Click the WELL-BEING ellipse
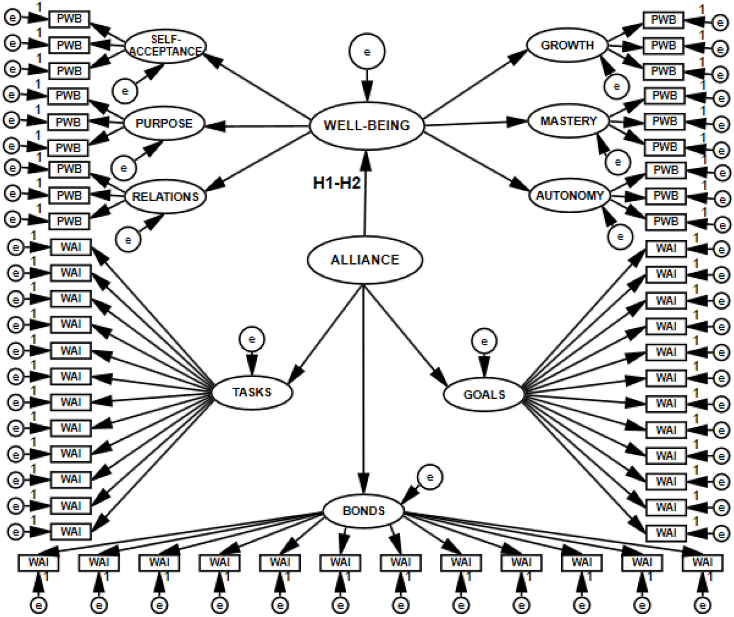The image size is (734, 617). [x=367, y=125]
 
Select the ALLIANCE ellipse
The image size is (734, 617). [x=365, y=260]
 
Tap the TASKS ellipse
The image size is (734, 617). [x=252, y=392]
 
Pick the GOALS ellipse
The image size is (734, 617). [x=484, y=394]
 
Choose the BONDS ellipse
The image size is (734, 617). [x=363, y=511]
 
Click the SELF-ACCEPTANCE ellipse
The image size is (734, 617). [x=165, y=46]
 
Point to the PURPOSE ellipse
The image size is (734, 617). [x=164, y=123]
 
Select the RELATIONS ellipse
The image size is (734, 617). [x=165, y=196]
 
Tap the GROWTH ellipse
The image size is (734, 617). [x=567, y=45]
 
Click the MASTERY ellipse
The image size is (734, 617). [x=568, y=121]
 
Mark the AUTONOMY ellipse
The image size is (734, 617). [x=570, y=195]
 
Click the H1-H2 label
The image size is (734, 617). [x=336, y=183]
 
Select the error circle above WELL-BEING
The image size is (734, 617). [x=367, y=52]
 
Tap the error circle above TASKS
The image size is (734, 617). [x=252, y=340]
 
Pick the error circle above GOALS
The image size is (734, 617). [x=484, y=342]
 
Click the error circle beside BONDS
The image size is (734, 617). [x=430, y=477]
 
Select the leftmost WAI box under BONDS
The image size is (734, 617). [x=39, y=562]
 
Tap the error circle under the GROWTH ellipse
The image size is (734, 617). [x=616, y=87]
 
